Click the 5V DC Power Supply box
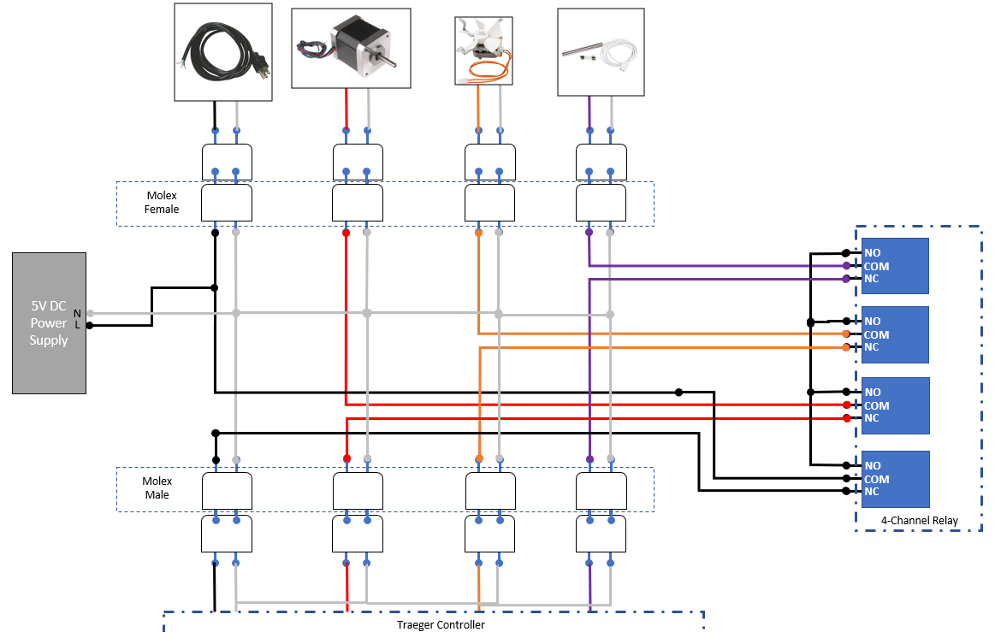(x=49, y=322)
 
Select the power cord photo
(x=223, y=52)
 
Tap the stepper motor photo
(x=351, y=49)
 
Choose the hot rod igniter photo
(x=601, y=52)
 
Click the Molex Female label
(x=162, y=203)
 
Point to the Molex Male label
(x=157, y=488)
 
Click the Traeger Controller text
(x=441, y=624)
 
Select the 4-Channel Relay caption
(x=920, y=520)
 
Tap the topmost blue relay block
(x=895, y=266)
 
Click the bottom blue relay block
(x=895, y=479)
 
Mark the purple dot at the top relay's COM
(x=846, y=266)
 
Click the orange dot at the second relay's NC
(x=846, y=347)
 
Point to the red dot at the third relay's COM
(x=846, y=405)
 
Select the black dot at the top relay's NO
(x=846, y=252)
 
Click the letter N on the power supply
(x=77, y=313)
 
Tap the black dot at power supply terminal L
(x=89, y=325)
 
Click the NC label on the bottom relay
(x=872, y=492)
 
